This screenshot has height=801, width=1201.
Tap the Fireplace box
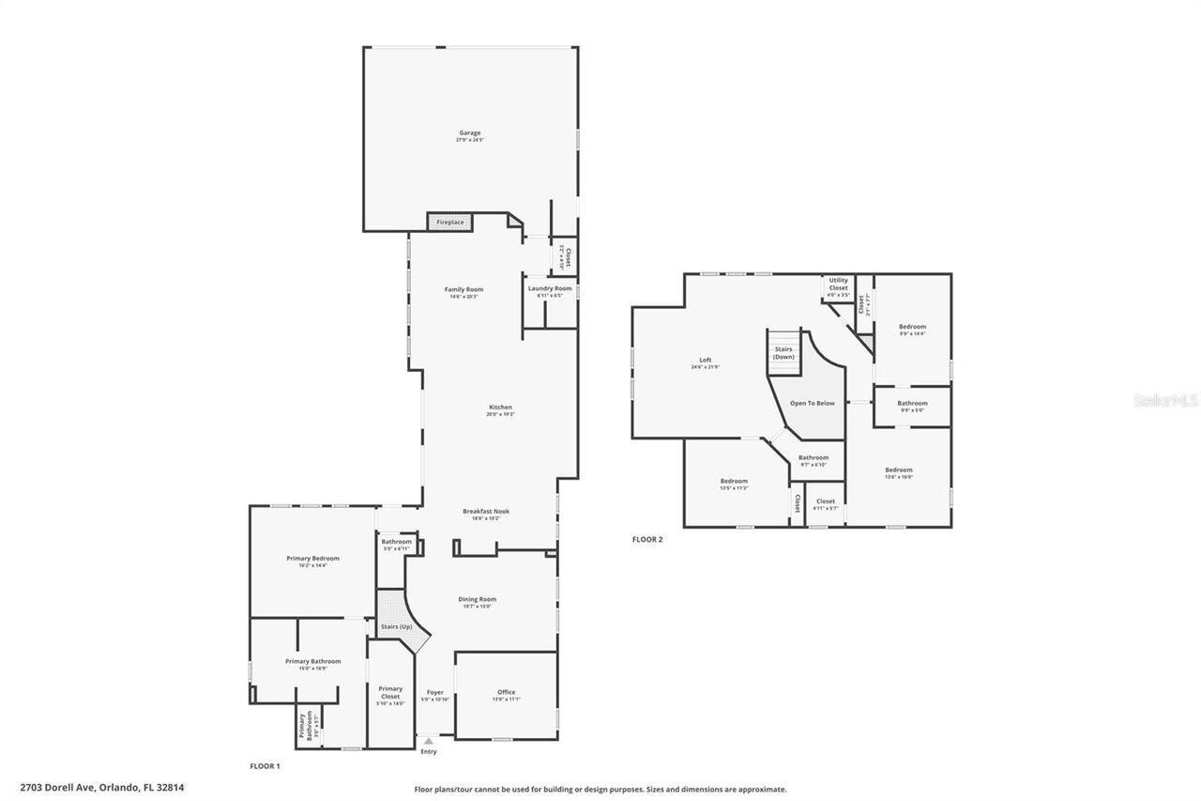450,223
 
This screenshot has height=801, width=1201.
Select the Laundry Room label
550,289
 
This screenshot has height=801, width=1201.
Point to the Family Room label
464,289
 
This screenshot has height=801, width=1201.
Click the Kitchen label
499,408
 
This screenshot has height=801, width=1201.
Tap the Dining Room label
477,599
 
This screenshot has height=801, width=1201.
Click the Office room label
506,693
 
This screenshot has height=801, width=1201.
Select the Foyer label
434,693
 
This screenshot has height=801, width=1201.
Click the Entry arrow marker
429,742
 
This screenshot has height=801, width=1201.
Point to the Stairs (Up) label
396,626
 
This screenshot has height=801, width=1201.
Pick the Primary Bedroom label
312,559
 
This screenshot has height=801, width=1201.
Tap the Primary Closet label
390,692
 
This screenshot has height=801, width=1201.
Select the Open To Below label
812,403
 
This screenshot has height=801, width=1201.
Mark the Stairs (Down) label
783,353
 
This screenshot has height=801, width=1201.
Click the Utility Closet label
838,284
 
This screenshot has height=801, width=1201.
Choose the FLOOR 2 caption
647,540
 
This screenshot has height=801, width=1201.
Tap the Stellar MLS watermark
1165,400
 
